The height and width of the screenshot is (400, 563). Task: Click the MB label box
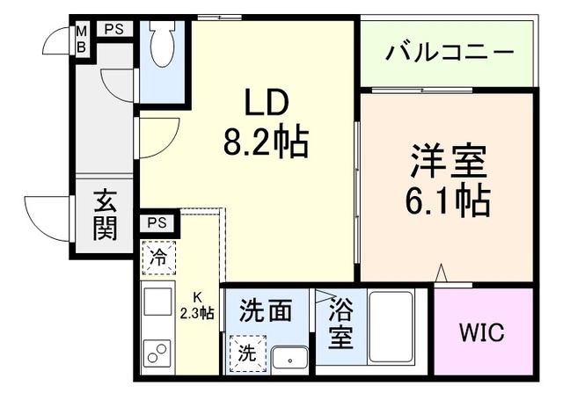pyautogui.click(x=81, y=38)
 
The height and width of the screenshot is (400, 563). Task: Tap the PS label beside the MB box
pyautogui.click(x=113, y=29)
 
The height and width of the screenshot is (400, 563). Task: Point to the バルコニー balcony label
pyautogui.click(x=449, y=52)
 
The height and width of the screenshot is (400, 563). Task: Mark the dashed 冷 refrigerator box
pyautogui.click(x=159, y=258)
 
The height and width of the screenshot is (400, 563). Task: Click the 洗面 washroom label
pyautogui.click(x=265, y=310)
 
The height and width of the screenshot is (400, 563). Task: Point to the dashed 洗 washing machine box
pyautogui.click(x=247, y=353)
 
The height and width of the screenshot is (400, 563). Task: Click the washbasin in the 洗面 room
pyautogui.click(x=289, y=357)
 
